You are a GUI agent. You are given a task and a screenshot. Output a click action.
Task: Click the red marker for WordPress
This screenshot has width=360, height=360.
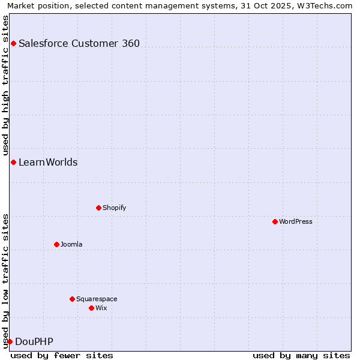(x=275, y=221)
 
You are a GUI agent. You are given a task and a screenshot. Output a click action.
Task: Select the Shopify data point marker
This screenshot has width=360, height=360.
(x=98, y=208)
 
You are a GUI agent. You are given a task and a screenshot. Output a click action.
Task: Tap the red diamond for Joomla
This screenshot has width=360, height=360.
(x=56, y=244)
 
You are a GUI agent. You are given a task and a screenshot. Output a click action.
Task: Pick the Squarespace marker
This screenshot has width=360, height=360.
(x=72, y=299)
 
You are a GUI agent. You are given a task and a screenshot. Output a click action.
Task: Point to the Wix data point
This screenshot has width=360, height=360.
(x=91, y=308)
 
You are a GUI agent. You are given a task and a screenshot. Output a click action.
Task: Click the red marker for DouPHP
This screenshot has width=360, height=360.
(x=10, y=342)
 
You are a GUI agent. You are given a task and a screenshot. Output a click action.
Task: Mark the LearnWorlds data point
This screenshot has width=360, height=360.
(x=13, y=163)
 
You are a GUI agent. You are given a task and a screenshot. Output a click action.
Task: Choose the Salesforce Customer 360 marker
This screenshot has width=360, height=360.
(x=13, y=43)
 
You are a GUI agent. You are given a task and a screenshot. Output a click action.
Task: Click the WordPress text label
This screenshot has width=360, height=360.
(x=296, y=221)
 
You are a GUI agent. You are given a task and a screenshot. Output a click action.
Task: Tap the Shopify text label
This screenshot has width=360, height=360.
(x=115, y=208)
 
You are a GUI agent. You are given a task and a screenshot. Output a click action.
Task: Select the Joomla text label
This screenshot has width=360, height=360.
(x=71, y=244)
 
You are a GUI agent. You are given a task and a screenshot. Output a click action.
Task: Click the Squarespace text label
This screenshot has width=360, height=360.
(x=97, y=299)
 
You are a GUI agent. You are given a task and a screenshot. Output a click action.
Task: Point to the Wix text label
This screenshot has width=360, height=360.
(x=101, y=308)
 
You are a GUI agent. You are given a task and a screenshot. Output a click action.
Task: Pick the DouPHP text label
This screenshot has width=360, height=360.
(x=34, y=342)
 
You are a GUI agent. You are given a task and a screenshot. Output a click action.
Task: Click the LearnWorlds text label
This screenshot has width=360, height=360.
(x=48, y=163)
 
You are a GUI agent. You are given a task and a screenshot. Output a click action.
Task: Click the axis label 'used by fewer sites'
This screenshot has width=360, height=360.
(x=62, y=355)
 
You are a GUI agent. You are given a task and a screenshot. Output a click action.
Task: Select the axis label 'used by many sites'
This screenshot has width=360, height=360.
(x=301, y=355)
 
